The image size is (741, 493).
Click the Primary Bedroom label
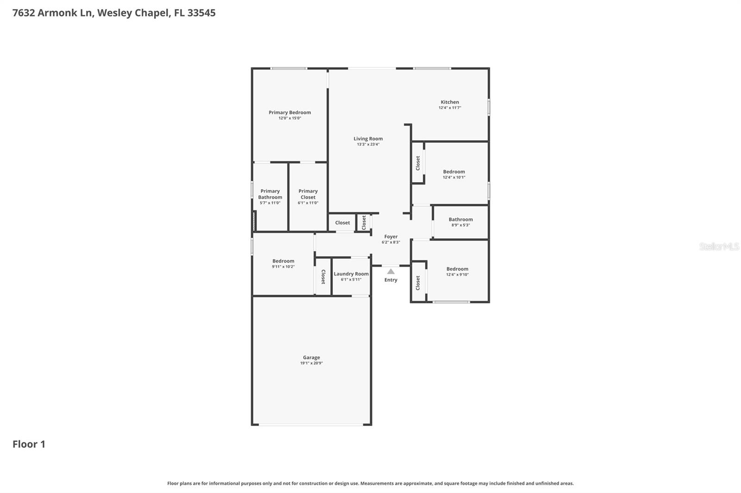289,112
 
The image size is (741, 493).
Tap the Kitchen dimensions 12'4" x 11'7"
450,108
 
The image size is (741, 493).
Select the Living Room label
368,139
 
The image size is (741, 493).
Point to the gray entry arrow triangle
391,271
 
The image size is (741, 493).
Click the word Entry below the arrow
391,280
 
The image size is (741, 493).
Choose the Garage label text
311,357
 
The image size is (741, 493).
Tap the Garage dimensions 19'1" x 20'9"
311,363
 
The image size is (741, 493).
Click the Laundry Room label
351,274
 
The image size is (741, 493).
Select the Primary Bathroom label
270,194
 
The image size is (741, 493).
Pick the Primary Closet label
308,194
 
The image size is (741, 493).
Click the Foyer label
391,237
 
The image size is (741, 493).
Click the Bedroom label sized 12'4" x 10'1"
454,172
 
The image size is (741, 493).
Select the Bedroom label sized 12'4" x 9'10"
457,269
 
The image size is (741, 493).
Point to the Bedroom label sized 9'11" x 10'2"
283,261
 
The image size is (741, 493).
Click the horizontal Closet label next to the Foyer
342,223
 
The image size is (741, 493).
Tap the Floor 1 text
29,444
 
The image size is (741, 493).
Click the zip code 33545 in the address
201,13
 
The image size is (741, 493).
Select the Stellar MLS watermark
719,246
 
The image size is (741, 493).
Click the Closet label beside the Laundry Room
323,277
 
